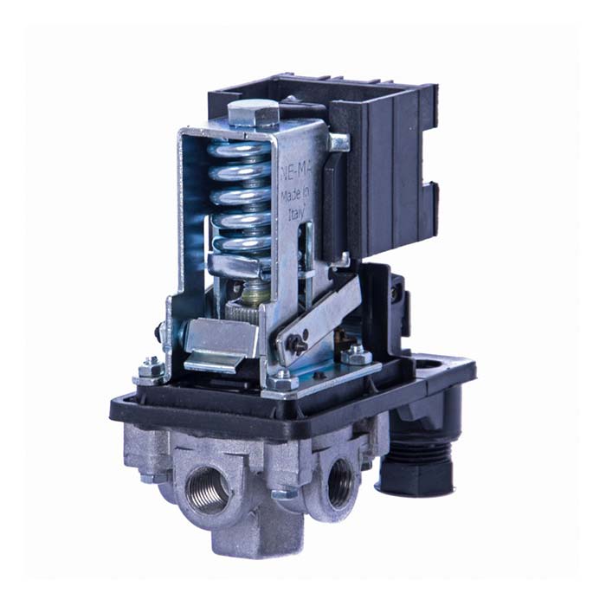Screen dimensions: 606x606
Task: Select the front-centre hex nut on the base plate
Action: click(281, 379)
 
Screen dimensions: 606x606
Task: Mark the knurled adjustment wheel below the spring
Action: click(242, 305)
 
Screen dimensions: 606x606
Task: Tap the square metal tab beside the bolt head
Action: click(337, 142)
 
